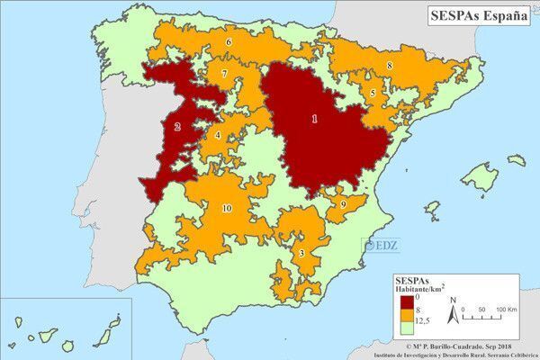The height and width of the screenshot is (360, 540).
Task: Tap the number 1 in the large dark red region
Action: (x=313, y=118)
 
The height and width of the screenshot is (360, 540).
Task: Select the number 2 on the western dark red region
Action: (x=177, y=127)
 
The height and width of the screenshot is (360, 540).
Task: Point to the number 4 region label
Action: (x=217, y=136)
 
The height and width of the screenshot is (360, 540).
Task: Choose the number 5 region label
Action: (x=373, y=93)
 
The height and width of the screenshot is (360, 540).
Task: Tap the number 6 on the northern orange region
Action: (x=229, y=42)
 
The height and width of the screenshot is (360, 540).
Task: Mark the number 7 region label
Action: (x=223, y=74)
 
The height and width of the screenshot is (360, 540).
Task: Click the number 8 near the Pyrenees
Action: (x=389, y=66)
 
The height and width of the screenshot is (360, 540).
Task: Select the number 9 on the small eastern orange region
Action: (x=343, y=206)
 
